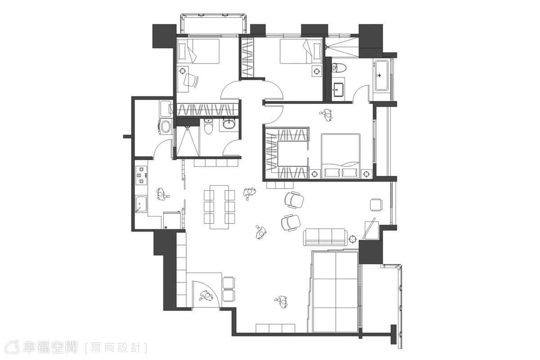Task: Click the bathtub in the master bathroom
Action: [382, 76]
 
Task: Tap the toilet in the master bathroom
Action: [339, 67]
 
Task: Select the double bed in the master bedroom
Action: [341, 156]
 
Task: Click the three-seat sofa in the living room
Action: [325, 237]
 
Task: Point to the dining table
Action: [219, 207]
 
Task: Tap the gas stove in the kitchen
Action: [141, 175]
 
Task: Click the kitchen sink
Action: [141, 204]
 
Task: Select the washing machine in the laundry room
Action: [166, 126]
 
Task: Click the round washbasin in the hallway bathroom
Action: [228, 124]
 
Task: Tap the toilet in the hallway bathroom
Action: [208, 126]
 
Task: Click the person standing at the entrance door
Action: [206, 296]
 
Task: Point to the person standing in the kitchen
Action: [162, 194]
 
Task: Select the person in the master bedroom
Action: [327, 115]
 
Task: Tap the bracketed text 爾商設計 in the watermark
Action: [116, 348]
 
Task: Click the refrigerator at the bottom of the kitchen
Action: [172, 220]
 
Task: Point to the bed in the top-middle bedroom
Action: [301, 51]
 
